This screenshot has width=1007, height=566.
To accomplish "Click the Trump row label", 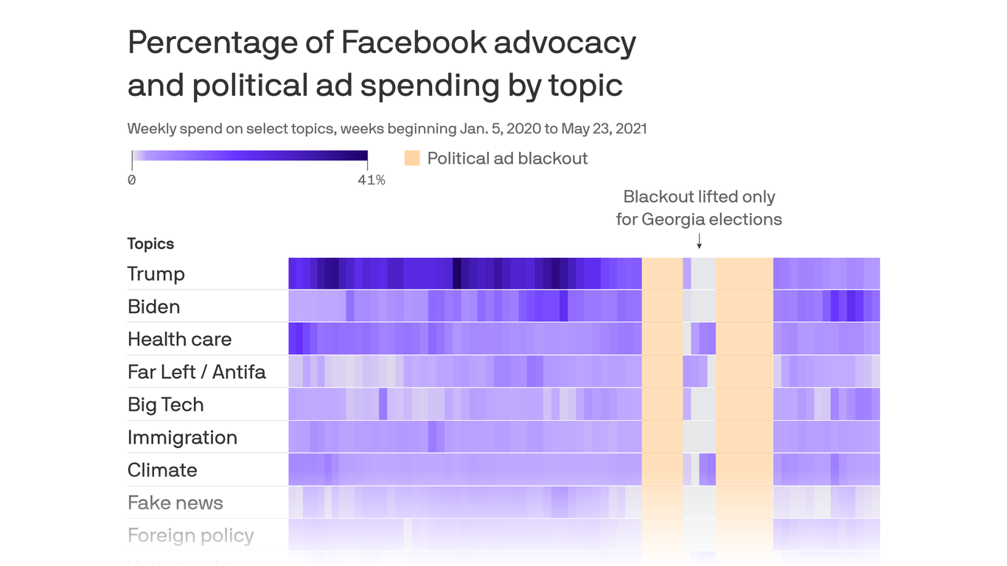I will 156,274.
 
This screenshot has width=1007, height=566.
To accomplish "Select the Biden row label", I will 153,307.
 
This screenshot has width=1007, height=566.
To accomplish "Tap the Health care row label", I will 179,339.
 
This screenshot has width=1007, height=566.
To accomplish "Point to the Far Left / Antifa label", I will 196,371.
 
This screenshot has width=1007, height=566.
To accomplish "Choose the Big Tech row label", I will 165,405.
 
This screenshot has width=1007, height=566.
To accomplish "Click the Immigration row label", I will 182,437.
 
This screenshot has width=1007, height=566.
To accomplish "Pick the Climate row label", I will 162,470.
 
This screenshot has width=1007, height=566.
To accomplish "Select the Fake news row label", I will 175,503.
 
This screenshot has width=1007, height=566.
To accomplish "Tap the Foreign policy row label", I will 190,535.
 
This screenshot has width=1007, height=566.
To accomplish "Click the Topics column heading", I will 150,244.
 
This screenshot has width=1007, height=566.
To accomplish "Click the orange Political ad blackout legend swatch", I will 412,158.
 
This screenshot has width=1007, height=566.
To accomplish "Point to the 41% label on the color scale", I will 372,180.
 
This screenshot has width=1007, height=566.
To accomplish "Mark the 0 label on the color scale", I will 131,180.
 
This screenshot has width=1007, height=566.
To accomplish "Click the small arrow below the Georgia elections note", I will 699,242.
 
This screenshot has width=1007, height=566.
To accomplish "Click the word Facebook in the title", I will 413,43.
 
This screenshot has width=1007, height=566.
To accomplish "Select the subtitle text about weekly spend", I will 386,129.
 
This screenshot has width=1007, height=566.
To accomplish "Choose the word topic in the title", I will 585,85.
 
